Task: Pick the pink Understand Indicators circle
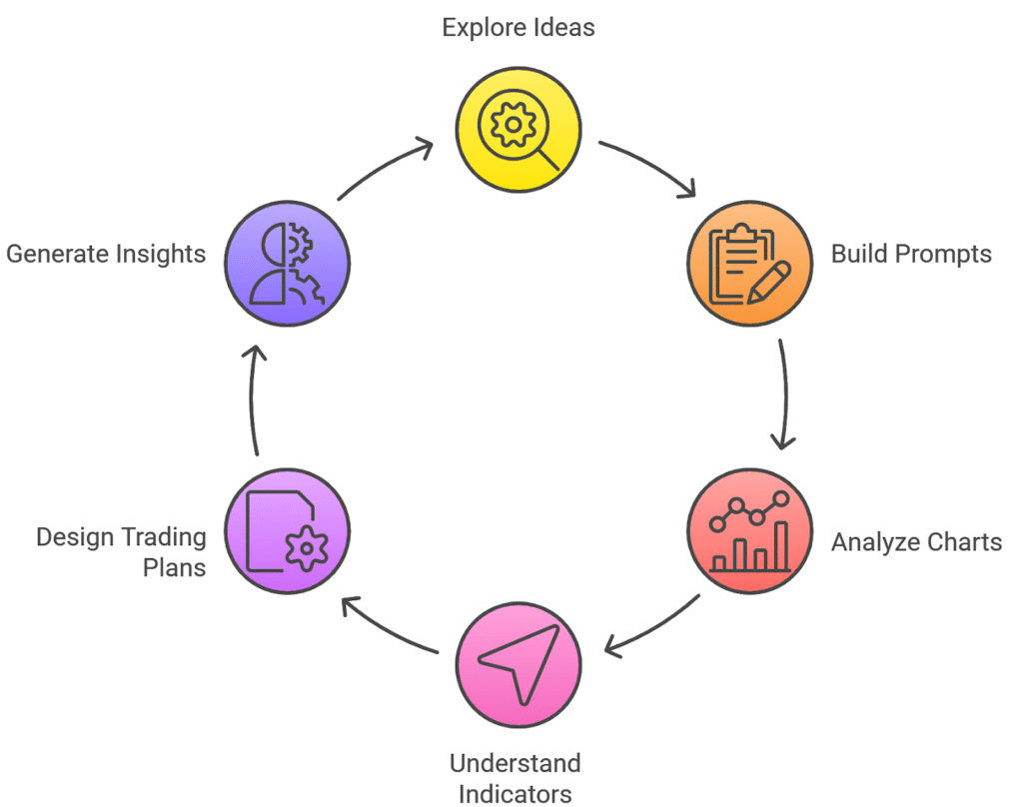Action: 518,663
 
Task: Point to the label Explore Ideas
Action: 518,27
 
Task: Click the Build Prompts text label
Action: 911,254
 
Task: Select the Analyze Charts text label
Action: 916,542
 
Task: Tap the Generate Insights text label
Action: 106,254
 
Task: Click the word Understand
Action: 514,764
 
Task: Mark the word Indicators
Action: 514,794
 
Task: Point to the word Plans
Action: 175,567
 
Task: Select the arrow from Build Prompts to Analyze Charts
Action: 784,396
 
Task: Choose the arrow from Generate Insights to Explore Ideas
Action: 386,167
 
